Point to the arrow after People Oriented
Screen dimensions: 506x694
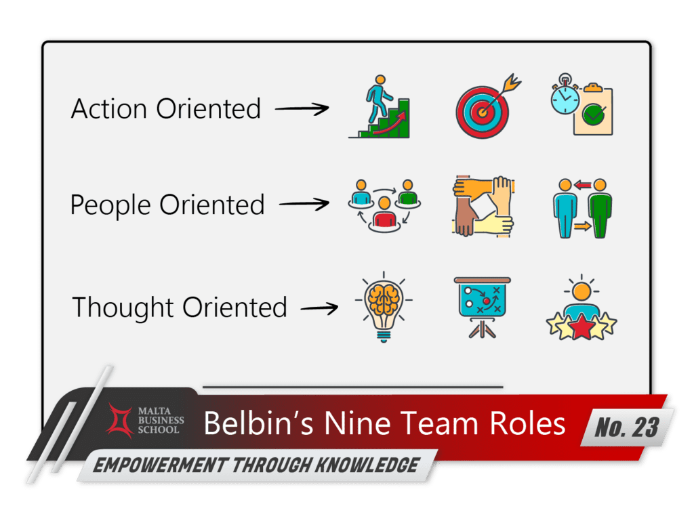(x=304, y=203)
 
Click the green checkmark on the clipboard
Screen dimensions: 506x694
(x=594, y=116)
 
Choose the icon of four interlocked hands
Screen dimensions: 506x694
(x=483, y=206)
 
